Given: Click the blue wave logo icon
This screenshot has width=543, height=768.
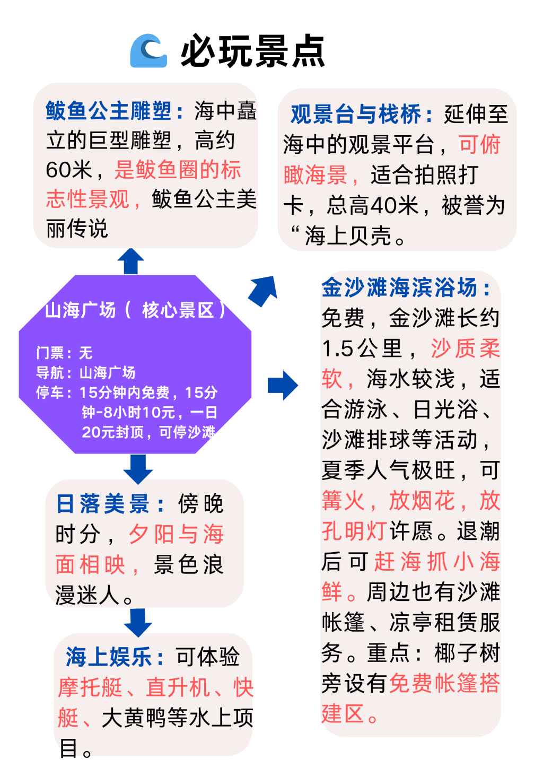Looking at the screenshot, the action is pyautogui.click(x=148, y=50).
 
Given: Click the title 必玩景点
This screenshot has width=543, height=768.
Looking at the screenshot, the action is pyautogui.click(x=252, y=51).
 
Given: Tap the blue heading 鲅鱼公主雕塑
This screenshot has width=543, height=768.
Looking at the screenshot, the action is pyautogui.click(x=108, y=111).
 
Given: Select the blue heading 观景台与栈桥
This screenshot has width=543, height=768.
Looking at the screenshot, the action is pyautogui.click(x=355, y=114).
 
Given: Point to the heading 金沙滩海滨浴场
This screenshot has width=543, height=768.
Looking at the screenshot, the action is pyautogui.click(x=399, y=287).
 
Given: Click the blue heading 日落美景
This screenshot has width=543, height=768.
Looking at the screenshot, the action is pyautogui.click(x=103, y=504).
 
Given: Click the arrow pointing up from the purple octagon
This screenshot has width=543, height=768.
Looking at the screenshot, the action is pyautogui.click(x=130, y=261).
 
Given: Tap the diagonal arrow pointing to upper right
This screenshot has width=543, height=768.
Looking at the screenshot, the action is pyautogui.click(x=263, y=291).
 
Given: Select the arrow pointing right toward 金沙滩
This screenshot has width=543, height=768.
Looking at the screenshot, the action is pyautogui.click(x=283, y=386).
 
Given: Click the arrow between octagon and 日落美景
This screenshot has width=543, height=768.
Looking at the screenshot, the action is pyautogui.click(x=138, y=469).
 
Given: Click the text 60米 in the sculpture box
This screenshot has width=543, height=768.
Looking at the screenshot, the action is pyautogui.click(x=69, y=170).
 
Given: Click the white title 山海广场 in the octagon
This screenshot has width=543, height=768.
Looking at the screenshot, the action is pyautogui.click(x=81, y=310).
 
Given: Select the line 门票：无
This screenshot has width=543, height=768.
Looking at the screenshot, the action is pyautogui.click(x=65, y=353).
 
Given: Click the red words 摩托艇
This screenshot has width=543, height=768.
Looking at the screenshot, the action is pyautogui.click(x=90, y=687).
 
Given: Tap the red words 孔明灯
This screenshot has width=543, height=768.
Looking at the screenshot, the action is pyautogui.click(x=354, y=531).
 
